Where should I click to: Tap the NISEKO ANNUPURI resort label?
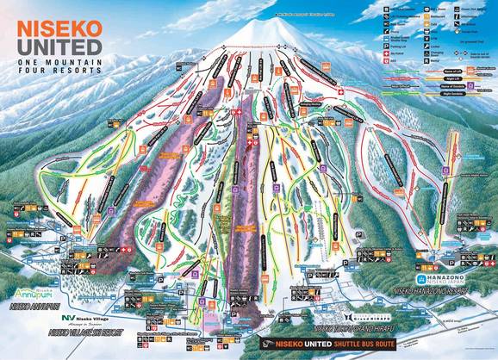click(34, 305)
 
